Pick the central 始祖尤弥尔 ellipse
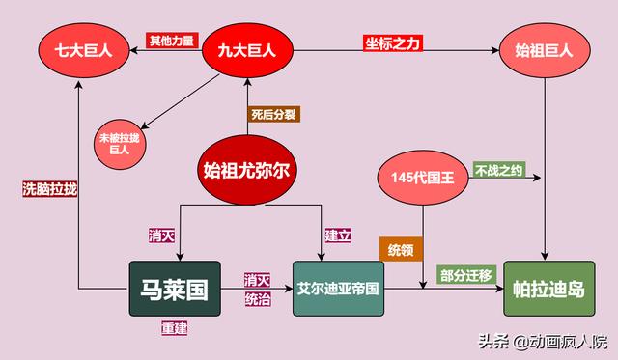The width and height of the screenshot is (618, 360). coord(248,171)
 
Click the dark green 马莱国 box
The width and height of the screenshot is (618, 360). coord(175,288)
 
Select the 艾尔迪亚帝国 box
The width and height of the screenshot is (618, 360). coord(337,288)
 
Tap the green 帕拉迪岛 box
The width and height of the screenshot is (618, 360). coord(548,288)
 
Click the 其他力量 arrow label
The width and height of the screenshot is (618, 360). coord(171,41)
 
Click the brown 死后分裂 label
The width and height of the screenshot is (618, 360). coord(272,114)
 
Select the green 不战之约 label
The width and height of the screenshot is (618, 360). coord(498,171)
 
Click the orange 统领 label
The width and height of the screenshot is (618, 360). coord(400,249)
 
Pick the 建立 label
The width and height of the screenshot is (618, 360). coord(334,235)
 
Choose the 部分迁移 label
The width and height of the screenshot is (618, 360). coord(465,275)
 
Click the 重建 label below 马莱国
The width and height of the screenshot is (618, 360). coord(174,328)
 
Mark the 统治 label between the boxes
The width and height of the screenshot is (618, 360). coord(257,299)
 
